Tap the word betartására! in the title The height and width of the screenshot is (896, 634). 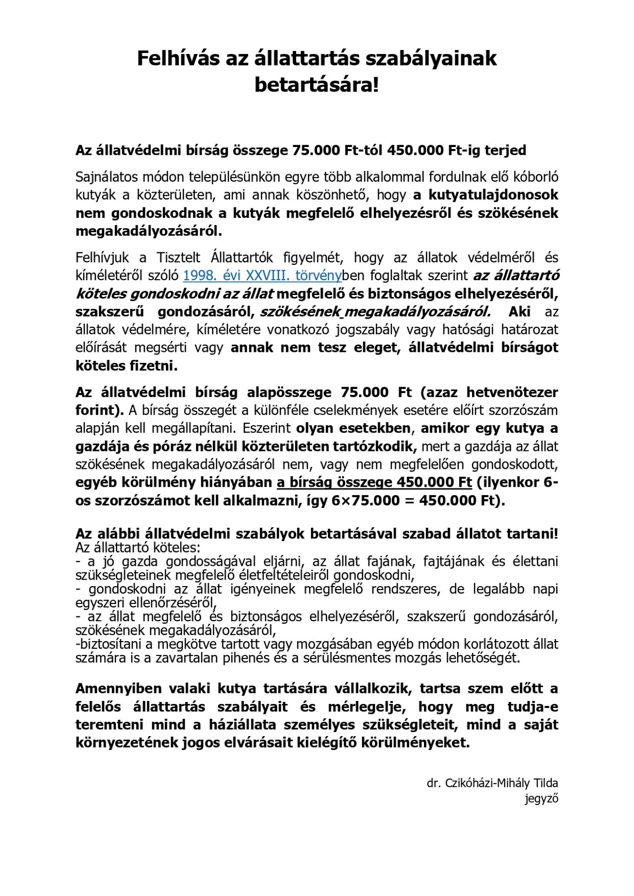[x=317, y=85]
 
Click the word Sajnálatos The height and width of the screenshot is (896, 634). [x=106, y=177]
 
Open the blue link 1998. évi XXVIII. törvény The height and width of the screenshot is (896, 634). [x=262, y=276]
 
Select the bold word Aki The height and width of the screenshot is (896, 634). [x=519, y=312]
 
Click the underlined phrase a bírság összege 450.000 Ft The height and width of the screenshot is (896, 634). [x=374, y=482]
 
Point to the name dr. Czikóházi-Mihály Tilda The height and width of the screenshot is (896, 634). [x=492, y=783]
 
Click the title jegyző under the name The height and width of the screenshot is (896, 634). [x=541, y=798]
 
